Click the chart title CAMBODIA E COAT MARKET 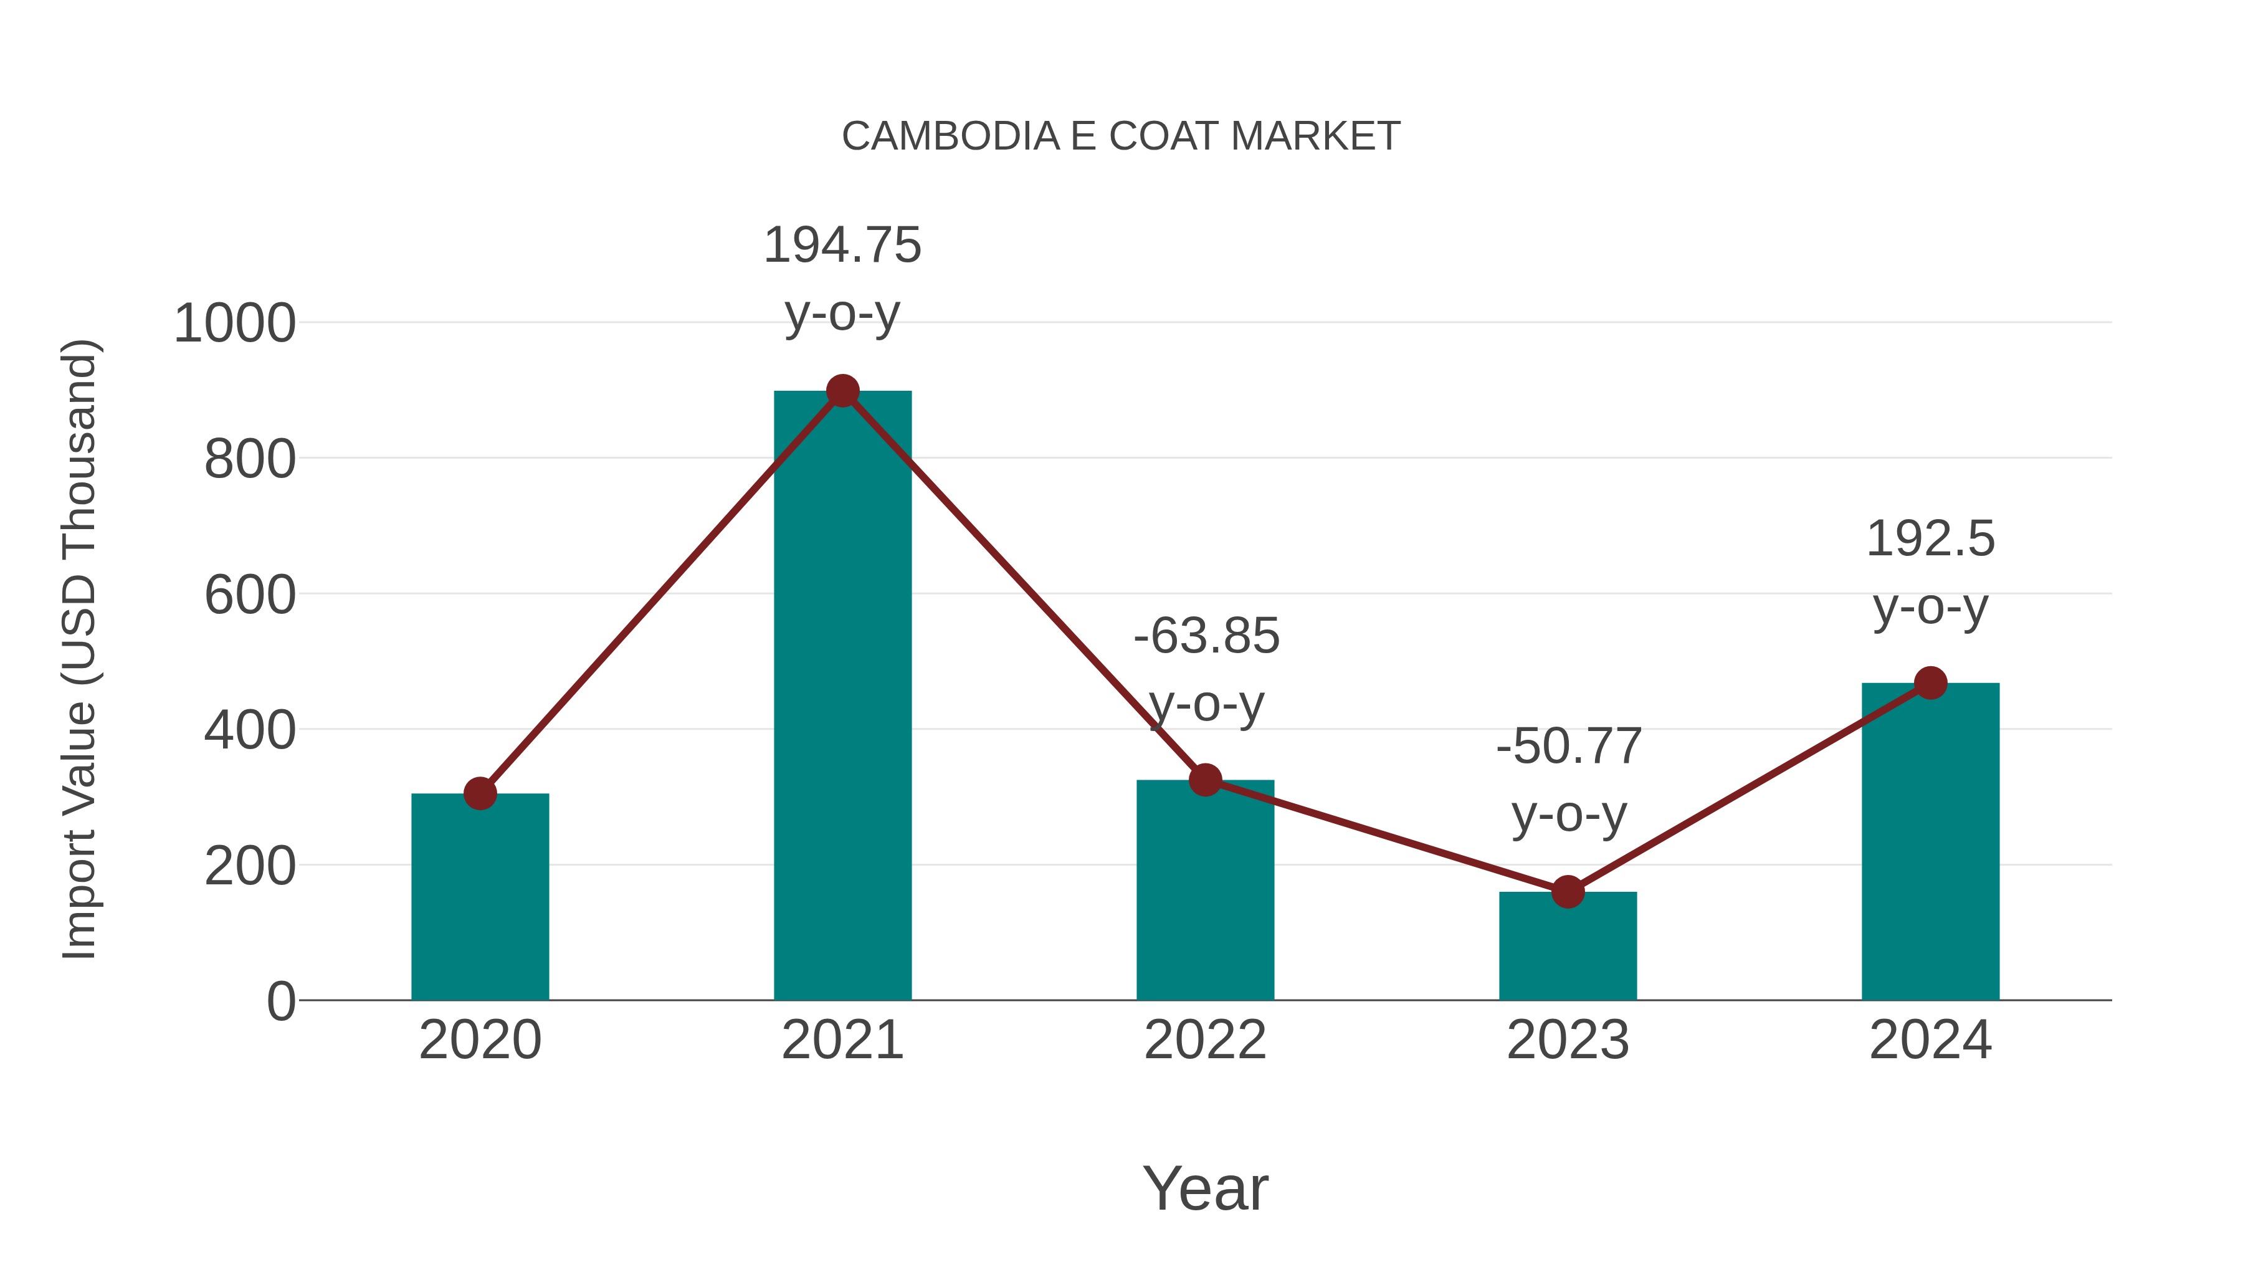(x=1121, y=136)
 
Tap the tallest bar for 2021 (x=842, y=697)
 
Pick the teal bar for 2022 (x=1205, y=897)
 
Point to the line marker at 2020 (x=480, y=793)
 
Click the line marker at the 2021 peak (x=842, y=391)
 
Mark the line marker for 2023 (x=1568, y=892)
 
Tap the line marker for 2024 (x=1930, y=683)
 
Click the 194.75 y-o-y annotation (x=842, y=278)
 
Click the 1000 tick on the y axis (x=235, y=324)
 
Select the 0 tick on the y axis (x=280, y=1001)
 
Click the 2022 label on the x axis (x=1205, y=1040)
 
